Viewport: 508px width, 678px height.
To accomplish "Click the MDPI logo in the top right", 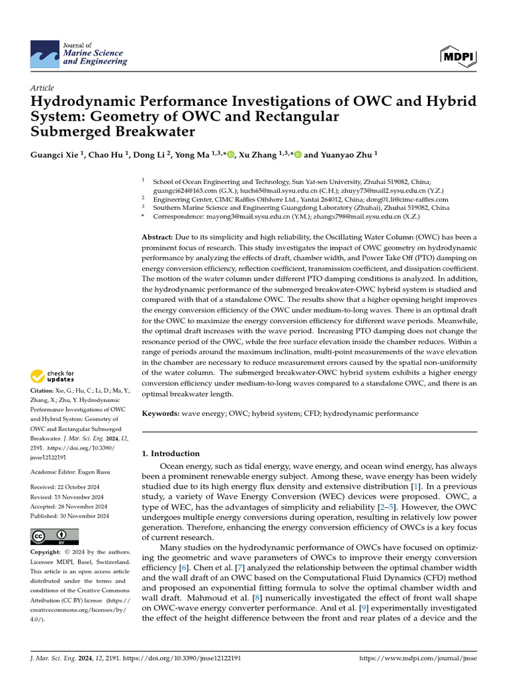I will click(457, 56).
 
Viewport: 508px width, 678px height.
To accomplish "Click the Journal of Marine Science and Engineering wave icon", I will click(44, 53).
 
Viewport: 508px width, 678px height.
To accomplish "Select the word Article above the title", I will click(42, 88).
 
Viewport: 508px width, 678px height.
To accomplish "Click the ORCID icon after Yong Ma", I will click(231, 155).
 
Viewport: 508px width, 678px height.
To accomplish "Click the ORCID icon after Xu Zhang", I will click(298, 155).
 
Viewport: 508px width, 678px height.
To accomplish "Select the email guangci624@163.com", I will click(182, 189).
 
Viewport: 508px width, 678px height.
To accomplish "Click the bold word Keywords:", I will click(161, 413).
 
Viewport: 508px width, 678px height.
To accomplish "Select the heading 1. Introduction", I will click(171, 454).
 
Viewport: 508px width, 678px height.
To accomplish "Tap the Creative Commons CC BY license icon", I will click(54, 536).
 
